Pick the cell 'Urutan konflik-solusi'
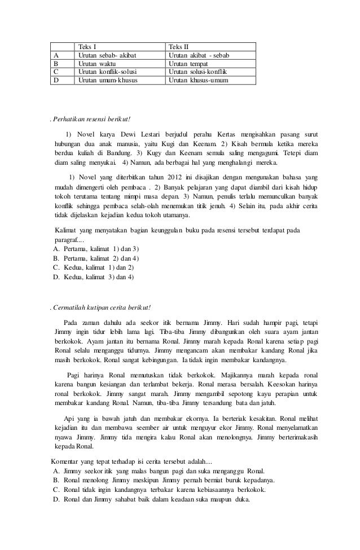(x=108, y=72)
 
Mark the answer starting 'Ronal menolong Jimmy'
(x=169, y=480)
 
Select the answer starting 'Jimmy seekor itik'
(x=164, y=470)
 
